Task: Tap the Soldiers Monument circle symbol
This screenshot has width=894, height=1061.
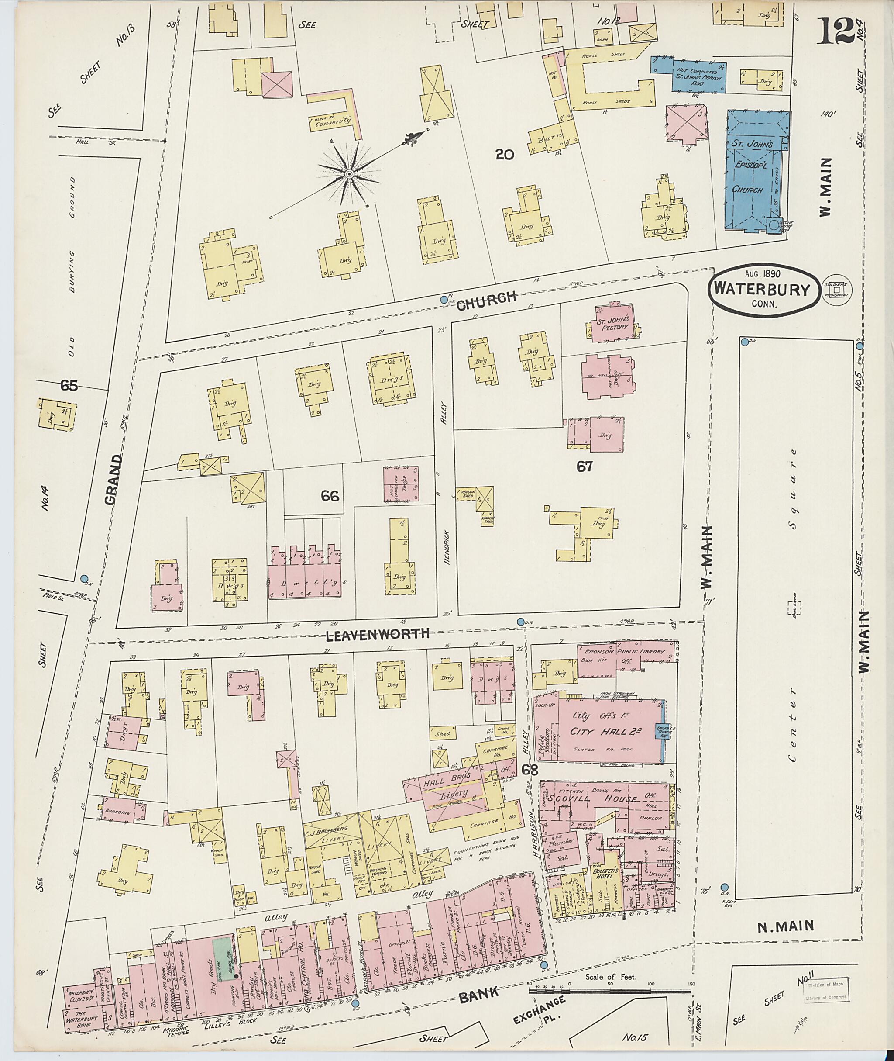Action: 837,290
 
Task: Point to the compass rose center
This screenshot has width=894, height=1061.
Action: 349,174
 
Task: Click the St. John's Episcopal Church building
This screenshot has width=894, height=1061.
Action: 755,173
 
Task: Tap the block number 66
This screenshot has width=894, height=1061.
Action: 330,496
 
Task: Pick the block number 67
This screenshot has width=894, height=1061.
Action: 585,466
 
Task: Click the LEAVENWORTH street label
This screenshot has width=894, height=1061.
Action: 378,633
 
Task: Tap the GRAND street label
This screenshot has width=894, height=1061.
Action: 114,479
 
